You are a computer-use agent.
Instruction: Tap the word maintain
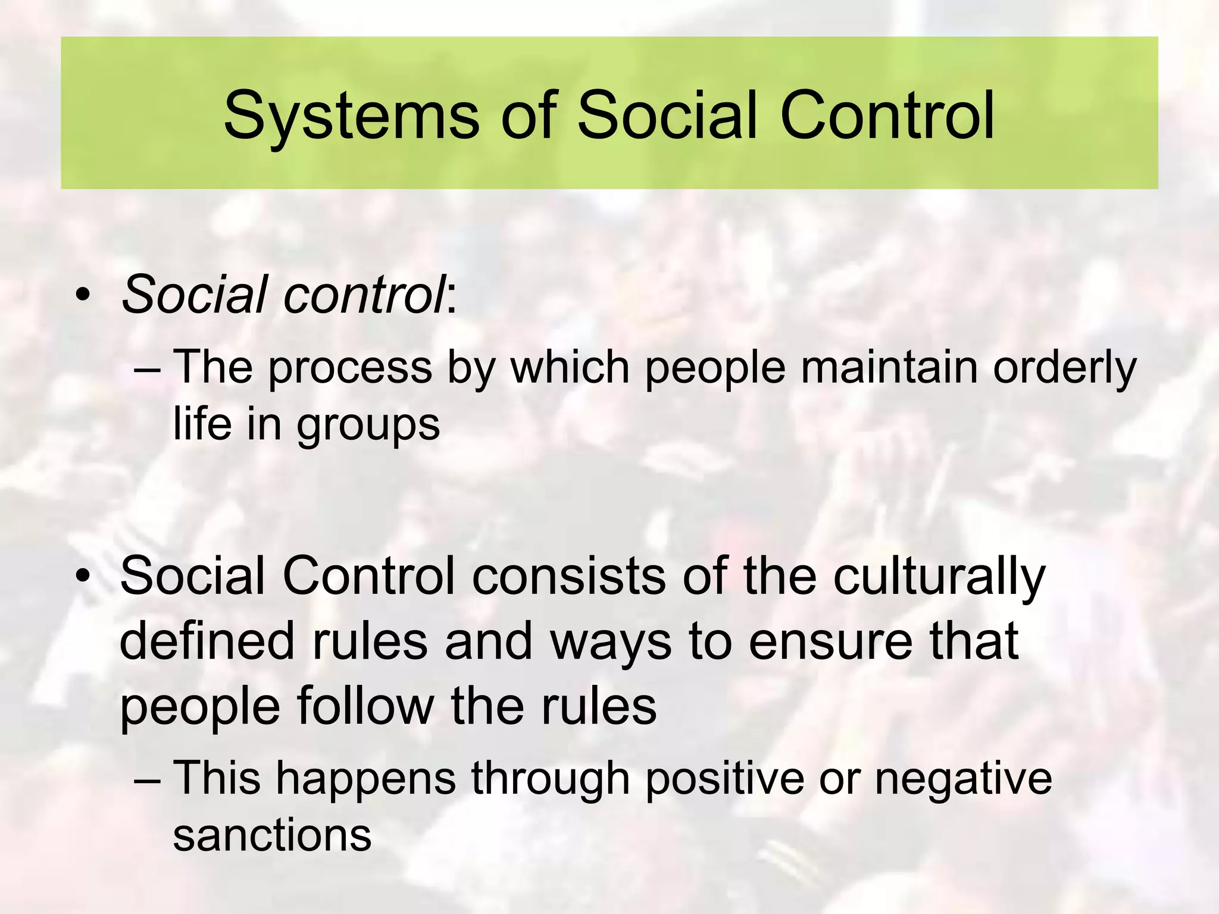(889, 367)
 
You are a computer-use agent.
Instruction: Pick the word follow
(365, 706)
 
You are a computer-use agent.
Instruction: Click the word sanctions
(272, 835)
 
